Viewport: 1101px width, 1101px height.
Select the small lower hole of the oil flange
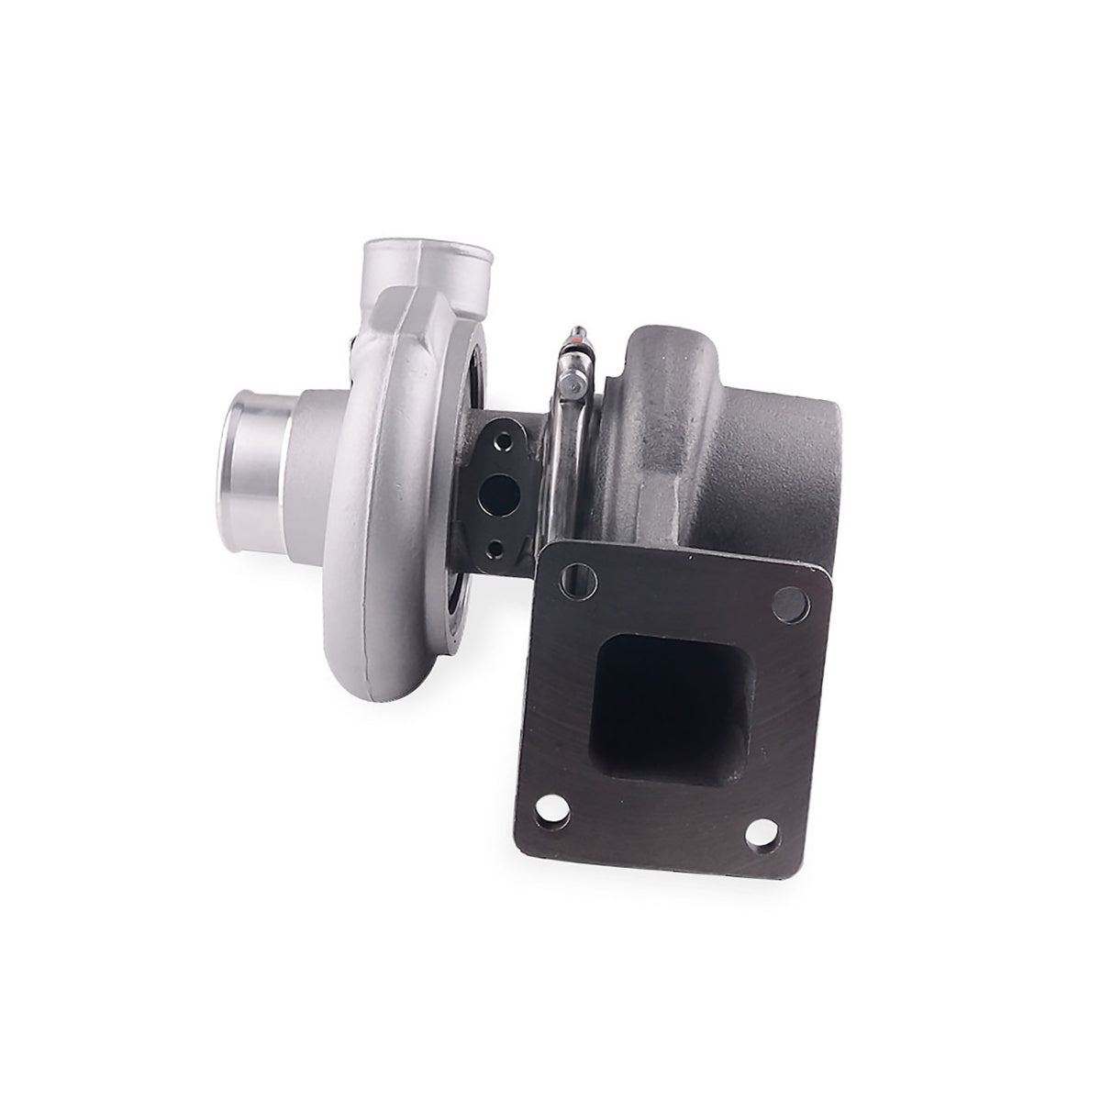coord(497,548)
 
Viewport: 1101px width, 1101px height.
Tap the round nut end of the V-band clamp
coord(573,393)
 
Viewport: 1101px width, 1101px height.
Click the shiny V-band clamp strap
coord(558,477)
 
